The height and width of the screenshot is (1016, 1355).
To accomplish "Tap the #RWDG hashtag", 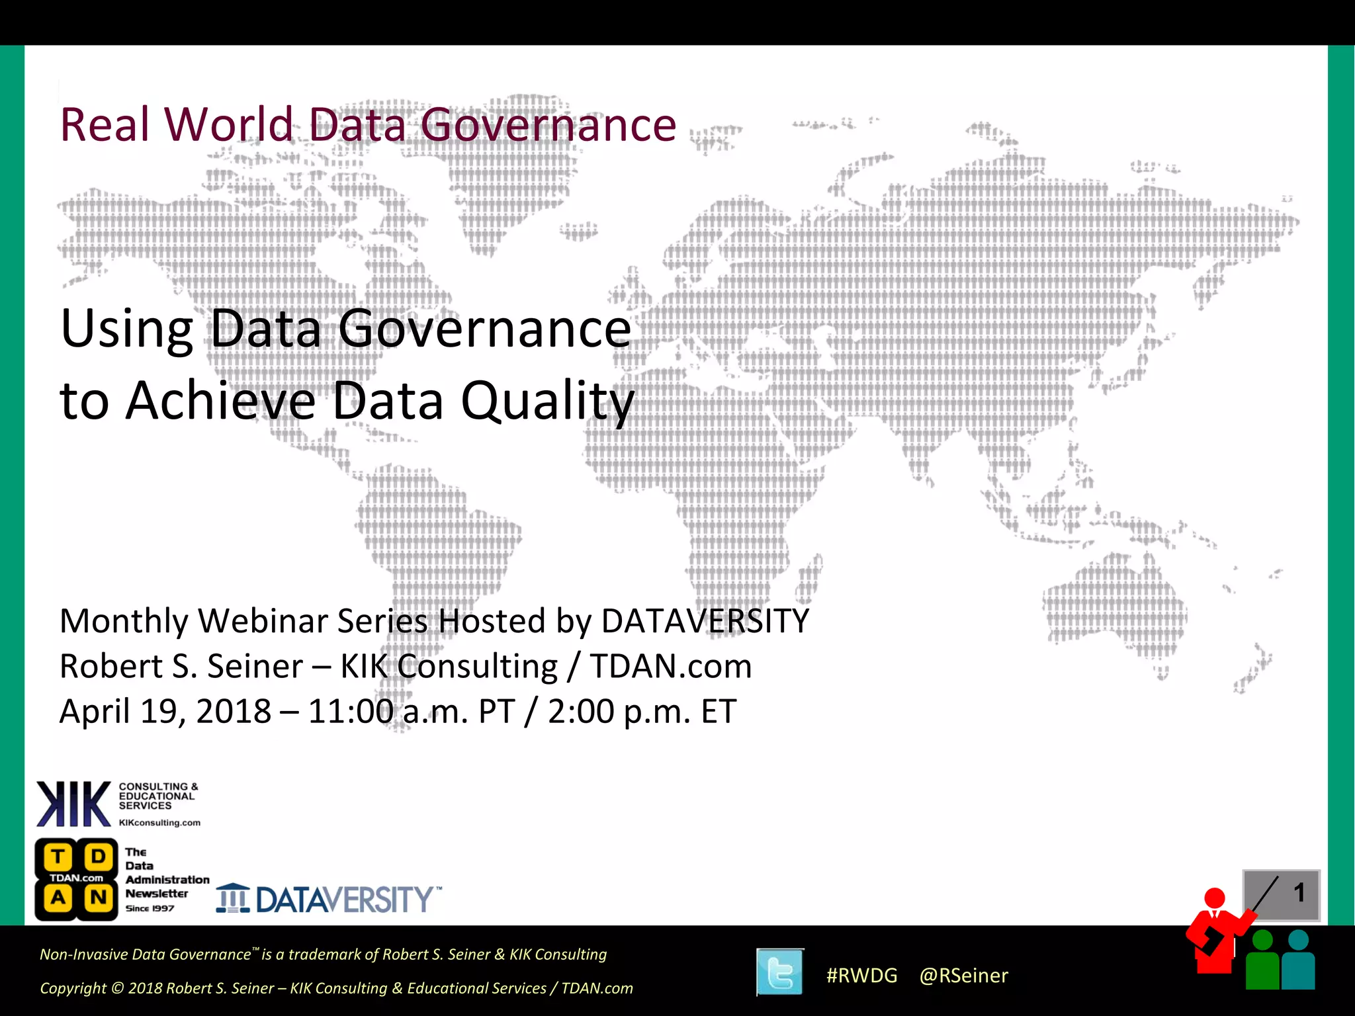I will tap(861, 976).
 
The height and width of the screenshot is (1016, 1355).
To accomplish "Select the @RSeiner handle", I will tap(963, 976).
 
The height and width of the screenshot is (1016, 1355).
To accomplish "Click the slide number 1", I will tap(1299, 893).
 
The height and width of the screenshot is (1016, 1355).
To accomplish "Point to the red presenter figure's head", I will tap(1215, 898).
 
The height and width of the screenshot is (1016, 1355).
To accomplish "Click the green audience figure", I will tap(1262, 962).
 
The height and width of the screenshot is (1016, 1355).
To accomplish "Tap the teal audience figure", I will tap(1299, 962).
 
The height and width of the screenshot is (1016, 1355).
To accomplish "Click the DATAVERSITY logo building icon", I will tap(233, 898).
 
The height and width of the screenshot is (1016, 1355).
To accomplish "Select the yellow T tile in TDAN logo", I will tap(58, 857).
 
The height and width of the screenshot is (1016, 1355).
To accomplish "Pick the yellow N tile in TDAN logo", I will tap(99, 898).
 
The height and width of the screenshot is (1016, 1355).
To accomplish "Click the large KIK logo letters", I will tap(73, 804).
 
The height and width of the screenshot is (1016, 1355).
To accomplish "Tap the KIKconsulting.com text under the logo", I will tap(159, 823).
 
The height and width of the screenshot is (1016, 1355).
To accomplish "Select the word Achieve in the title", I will tap(221, 401).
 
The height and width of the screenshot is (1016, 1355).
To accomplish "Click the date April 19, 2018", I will tap(165, 712).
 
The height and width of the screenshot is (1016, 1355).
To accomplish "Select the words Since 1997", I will tap(150, 908).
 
